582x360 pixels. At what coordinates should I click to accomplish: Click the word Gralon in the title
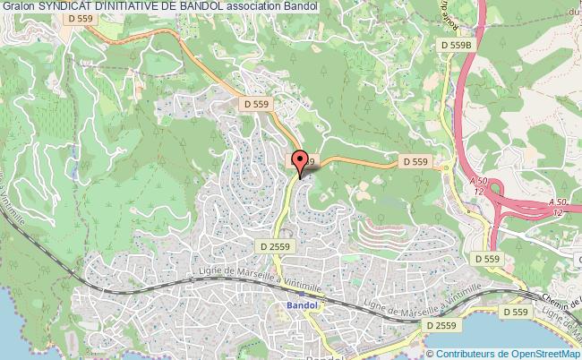18,7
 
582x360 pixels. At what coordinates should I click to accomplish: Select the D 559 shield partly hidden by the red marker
296,161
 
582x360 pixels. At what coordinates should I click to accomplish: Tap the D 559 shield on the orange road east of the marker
414,161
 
